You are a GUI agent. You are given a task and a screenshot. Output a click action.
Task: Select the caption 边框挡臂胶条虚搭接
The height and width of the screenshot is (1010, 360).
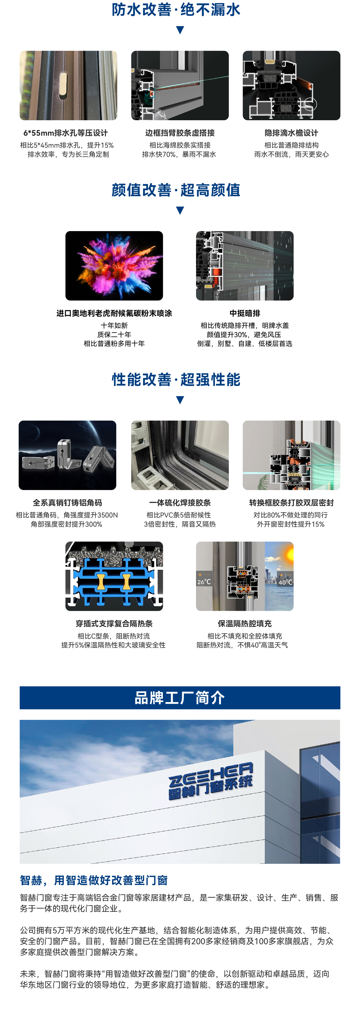click(x=180, y=133)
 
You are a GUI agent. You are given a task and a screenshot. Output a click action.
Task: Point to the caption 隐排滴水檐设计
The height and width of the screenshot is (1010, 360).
click(x=291, y=133)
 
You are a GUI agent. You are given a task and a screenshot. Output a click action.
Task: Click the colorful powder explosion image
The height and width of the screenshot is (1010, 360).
click(x=114, y=266)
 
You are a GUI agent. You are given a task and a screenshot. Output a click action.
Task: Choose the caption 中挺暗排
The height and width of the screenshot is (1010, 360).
click(x=245, y=313)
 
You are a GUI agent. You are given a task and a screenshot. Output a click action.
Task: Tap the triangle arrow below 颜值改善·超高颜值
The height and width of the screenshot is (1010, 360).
click(x=180, y=211)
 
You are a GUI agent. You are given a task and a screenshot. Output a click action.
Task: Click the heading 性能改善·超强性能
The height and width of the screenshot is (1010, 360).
click(x=176, y=379)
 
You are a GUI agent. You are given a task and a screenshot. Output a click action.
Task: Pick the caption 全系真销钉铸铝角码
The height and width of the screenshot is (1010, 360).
click(x=68, y=503)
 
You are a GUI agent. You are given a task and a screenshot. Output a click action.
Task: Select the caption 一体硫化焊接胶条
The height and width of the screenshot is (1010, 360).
click(x=180, y=503)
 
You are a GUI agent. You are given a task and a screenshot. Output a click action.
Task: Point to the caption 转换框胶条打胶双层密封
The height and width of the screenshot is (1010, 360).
click(x=291, y=503)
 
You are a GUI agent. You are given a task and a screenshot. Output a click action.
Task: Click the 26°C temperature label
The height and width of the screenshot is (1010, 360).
click(x=204, y=582)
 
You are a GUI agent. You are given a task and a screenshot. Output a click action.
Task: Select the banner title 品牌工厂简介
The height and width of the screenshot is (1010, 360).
click(x=180, y=698)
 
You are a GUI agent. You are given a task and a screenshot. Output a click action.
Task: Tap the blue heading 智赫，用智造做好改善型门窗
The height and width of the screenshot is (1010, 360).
click(x=94, y=880)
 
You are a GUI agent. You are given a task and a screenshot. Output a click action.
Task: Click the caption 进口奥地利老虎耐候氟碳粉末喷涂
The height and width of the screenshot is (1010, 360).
click(x=114, y=313)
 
